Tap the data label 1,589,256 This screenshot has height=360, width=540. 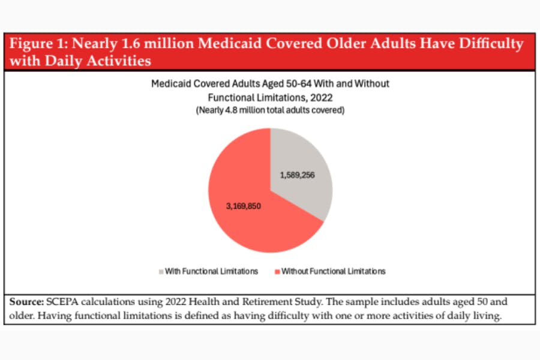[x=297, y=175]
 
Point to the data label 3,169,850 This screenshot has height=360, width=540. [x=244, y=206]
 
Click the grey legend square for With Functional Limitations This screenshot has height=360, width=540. [x=161, y=272]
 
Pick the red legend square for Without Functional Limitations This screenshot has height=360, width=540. [x=277, y=272]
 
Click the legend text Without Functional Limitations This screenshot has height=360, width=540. [x=334, y=271]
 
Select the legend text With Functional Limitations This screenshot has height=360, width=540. [x=211, y=271]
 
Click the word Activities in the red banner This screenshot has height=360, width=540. [x=119, y=61]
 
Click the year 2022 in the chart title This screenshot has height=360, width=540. [x=322, y=98]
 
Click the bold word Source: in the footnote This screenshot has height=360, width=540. [x=26, y=302]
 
